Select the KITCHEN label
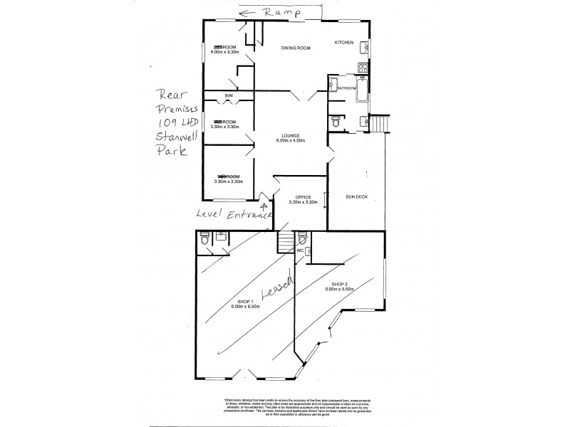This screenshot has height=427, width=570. pyautogui.click(x=344, y=43)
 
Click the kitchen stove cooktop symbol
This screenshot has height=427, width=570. pyautogui.click(x=362, y=69)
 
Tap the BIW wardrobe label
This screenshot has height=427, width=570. pyautogui.click(x=229, y=95)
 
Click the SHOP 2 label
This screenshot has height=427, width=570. pyautogui.click(x=339, y=287)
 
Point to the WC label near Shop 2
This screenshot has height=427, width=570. pyautogui.click(x=300, y=250)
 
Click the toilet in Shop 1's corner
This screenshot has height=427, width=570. pyautogui.click(x=206, y=243)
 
